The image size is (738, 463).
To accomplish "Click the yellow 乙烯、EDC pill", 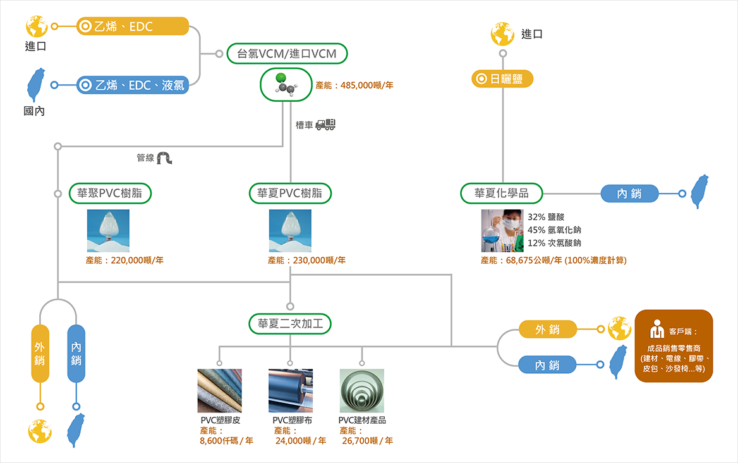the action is point(132,27).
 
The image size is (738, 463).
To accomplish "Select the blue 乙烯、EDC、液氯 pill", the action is point(132,85).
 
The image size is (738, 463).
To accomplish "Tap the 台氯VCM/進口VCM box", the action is point(287,54).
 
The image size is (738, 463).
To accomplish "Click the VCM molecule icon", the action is point(286,85).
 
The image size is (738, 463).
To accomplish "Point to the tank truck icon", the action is point(325,124).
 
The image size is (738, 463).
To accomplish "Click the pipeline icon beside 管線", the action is point(164,157).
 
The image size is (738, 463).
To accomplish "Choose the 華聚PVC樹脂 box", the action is point(110,193).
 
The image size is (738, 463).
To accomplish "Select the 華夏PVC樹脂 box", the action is point(290,193).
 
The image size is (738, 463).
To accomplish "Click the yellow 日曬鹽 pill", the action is point(502,78).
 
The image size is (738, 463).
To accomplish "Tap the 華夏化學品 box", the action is point(501,193).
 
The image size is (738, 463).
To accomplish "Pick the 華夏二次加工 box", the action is point(290,324).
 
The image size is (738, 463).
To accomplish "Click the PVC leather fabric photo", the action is point(219,390).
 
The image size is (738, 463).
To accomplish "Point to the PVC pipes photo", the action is point(361,390).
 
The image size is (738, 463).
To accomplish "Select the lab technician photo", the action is point(502,231).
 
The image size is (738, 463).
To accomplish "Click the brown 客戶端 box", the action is point(674,346).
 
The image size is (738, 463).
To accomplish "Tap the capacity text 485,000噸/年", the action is point(366,85).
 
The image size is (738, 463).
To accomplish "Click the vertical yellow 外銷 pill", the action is point(40,353).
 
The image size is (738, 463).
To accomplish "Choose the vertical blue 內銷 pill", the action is point(76,353).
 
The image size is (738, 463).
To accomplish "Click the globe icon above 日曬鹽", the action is point(502,34).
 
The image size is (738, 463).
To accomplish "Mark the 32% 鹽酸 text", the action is point(545,217).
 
